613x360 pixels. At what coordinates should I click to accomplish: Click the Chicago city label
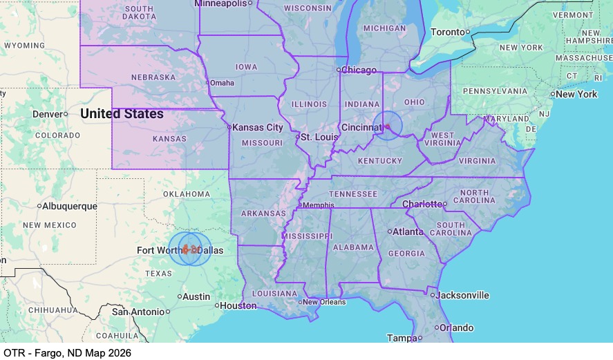tap(359, 70)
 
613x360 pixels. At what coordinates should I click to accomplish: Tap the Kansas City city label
tap(258, 127)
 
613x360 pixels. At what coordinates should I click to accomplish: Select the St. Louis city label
tap(319, 137)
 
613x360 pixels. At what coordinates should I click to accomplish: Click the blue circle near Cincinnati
tap(388, 126)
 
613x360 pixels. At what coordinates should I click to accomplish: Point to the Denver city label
tap(46, 113)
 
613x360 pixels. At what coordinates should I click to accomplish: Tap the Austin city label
tap(196, 296)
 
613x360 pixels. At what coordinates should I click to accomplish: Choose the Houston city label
tap(238, 305)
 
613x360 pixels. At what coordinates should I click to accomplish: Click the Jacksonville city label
tap(462, 295)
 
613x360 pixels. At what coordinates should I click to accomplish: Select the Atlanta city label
tap(408, 231)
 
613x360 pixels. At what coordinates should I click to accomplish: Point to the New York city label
tap(576, 94)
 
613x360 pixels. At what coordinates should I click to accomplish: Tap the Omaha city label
tap(222, 83)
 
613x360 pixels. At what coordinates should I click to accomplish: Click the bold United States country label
tap(122, 113)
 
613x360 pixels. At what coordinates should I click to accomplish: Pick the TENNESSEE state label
tap(354, 194)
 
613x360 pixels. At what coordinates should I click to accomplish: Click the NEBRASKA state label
tap(153, 77)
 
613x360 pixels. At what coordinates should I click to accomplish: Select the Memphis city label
tap(319, 205)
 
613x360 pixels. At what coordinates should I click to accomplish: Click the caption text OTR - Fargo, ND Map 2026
tap(67, 352)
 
